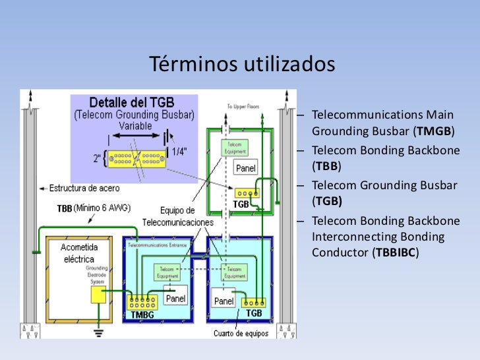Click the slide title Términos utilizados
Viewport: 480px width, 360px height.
click(x=242, y=65)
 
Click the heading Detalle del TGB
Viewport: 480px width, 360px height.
click(x=132, y=102)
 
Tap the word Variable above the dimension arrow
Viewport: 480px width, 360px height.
click(x=135, y=126)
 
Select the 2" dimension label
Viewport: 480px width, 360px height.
click(x=99, y=158)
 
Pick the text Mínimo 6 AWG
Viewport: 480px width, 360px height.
click(x=103, y=208)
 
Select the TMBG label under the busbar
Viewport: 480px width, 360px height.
click(x=141, y=316)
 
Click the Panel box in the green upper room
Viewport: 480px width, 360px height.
click(x=246, y=168)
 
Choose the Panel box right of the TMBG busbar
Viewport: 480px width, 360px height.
click(x=175, y=299)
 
